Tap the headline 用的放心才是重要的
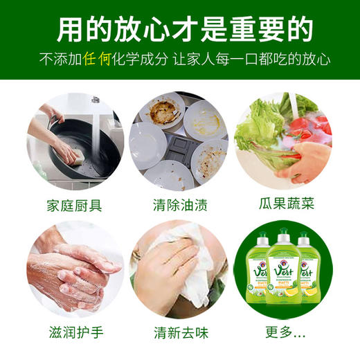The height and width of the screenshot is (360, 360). tap(179, 29)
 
